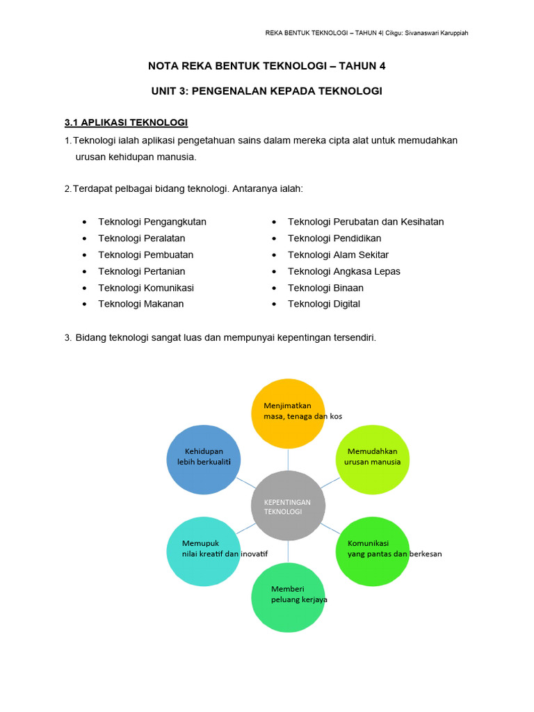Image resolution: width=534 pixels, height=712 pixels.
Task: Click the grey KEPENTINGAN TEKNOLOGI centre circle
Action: [287, 505]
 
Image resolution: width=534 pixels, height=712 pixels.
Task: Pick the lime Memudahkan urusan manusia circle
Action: [373, 459]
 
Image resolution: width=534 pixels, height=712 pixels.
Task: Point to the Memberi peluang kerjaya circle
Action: [287, 597]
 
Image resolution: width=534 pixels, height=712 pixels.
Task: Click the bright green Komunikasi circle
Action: [373, 552]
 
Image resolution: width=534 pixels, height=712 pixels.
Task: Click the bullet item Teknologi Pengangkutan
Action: [152, 222]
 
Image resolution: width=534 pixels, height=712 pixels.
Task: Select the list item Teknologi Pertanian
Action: [141, 271]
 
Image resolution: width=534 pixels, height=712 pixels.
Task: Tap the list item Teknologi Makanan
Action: [140, 304]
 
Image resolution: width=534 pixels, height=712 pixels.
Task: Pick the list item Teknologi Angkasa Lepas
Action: [343, 271]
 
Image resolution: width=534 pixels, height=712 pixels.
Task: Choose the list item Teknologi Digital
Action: [323, 304]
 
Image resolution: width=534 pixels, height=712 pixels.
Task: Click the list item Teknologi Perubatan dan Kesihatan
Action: [365, 222]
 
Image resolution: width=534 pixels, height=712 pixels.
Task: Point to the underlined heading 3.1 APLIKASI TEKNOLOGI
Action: [126, 122]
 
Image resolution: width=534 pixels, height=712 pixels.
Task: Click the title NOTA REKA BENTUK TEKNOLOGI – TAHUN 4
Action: [266, 66]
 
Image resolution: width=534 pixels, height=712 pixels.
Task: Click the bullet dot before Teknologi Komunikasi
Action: [84, 288]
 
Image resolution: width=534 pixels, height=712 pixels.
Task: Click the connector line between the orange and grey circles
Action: [287, 460]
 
